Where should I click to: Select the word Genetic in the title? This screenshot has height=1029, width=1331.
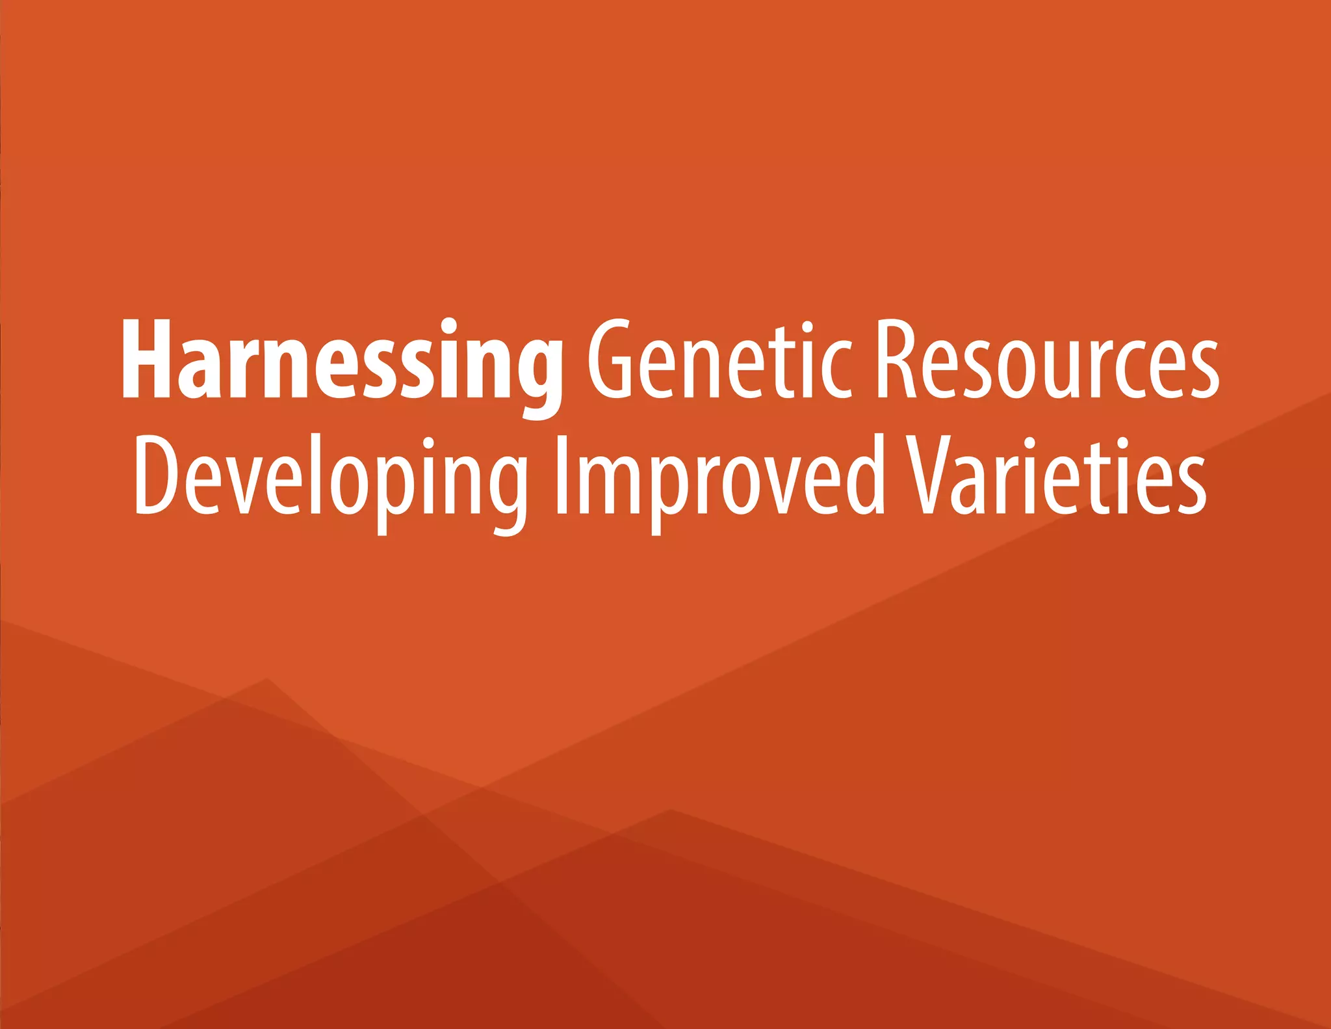(x=719, y=360)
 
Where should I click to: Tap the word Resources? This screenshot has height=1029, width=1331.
(x=1048, y=360)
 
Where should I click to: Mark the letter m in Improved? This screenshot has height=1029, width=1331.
(x=610, y=485)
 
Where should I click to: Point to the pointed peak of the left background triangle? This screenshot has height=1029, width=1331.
(x=266, y=678)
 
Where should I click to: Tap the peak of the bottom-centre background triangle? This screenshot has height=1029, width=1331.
(x=671, y=810)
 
